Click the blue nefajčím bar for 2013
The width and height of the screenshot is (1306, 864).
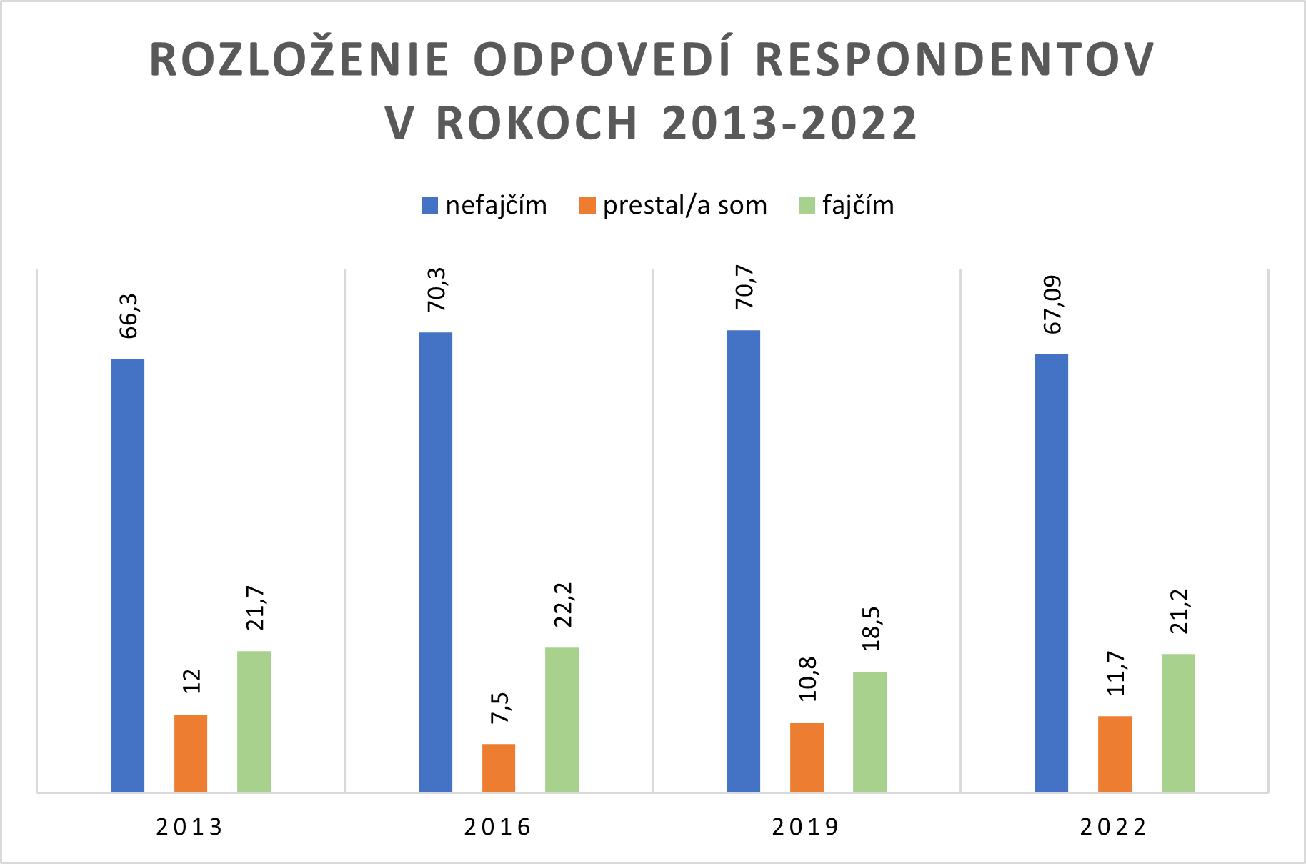pyautogui.click(x=127, y=575)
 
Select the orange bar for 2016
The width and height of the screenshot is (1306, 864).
pyautogui.click(x=499, y=768)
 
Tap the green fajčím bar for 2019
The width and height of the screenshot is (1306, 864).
pyautogui.click(x=869, y=731)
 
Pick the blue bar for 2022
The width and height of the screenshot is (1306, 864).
pyautogui.click(x=1051, y=572)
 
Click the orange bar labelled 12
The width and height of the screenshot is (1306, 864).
pyautogui.click(x=191, y=753)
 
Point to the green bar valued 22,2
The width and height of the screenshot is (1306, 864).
pyautogui.click(x=562, y=719)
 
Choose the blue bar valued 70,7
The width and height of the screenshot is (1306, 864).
pyautogui.click(x=743, y=560)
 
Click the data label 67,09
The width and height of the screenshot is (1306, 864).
pyautogui.click(x=1052, y=304)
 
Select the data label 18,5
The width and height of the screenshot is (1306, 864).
pyautogui.click(x=871, y=628)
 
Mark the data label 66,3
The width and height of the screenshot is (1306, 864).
pyautogui.click(x=129, y=316)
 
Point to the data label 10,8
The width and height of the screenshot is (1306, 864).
pyautogui.click(x=808, y=679)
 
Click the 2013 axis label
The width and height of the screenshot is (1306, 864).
pyautogui.click(x=190, y=827)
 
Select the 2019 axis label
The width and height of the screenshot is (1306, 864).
pyautogui.click(x=806, y=827)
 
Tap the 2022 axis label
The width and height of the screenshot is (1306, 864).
pyautogui.click(x=1113, y=827)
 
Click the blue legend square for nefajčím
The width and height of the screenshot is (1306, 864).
pyautogui.click(x=429, y=206)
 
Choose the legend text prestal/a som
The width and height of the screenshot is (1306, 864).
pyautogui.click(x=684, y=206)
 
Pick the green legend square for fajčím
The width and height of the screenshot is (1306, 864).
pyautogui.click(x=807, y=206)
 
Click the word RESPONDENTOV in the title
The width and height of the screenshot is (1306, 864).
pyautogui.click(x=954, y=59)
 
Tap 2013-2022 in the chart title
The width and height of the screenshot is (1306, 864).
pyautogui.click(x=789, y=124)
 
